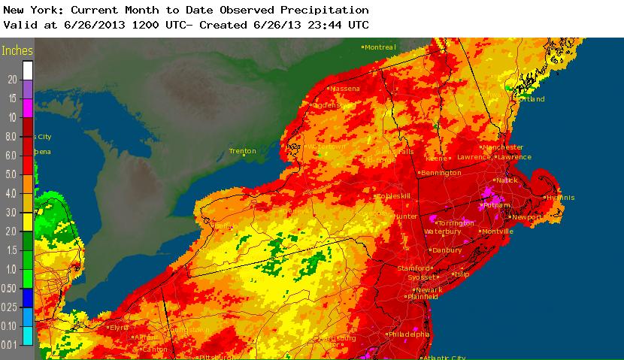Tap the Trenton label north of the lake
click(x=243, y=151)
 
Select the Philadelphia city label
click(x=408, y=334)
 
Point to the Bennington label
click(x=441, y=173)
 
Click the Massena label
click(x=344, y=89)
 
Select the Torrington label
click(x=455, y=223)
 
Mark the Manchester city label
click(x=502, y=147)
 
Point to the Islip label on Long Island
click(x=461, y=274)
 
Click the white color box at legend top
click(x=28, y=70)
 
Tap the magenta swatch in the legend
click(x=28, y=107)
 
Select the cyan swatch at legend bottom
click(x=28, y=334)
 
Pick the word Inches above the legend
click(x=18, y=51)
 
